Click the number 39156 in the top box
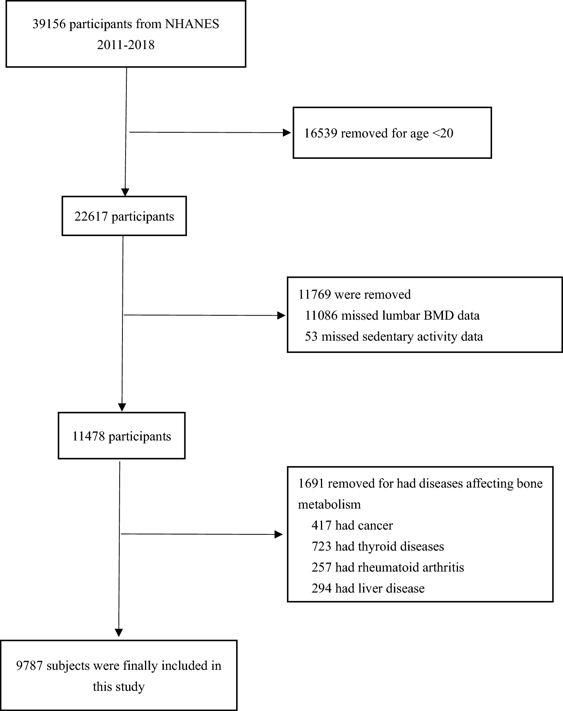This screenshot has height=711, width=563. pos(50,24)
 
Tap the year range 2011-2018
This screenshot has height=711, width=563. pos(126,45)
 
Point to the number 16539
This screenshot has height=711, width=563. pos(320,133)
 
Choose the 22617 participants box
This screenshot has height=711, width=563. pos(124,216)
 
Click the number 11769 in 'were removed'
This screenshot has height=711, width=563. pos(315,295)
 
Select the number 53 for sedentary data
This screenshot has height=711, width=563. pos(311,337)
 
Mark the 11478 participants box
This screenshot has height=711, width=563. pos(122,436)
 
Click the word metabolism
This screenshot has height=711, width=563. pos(329,505)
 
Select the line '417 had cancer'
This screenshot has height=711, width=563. pos(352,526)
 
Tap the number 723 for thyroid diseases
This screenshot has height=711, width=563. pos(321,547)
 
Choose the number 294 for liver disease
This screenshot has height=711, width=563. pos(321,589)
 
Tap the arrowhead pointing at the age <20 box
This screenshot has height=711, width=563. pos(287,133)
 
